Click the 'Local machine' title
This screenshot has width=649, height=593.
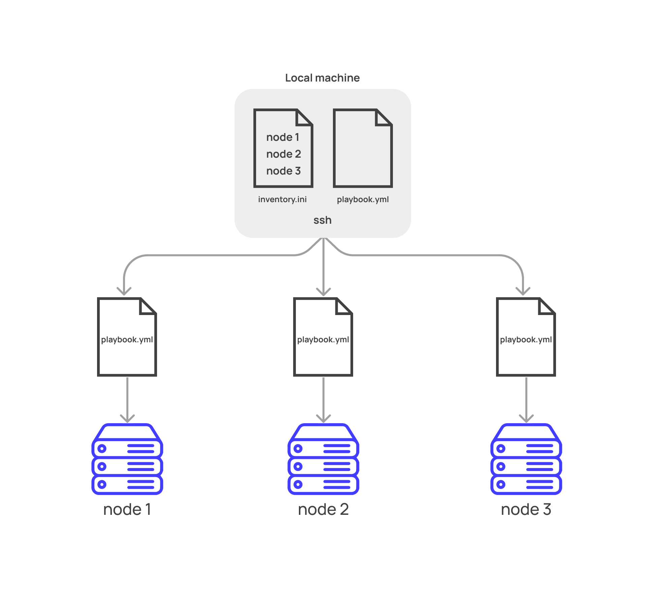(x=322, y=78)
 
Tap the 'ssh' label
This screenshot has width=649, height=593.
(x=322, y=220)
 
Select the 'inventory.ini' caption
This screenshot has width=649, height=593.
(x=282, y=199)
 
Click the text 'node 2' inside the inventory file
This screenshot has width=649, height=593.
(x=283, y=154)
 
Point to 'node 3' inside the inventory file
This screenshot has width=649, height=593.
(x=283, y=171)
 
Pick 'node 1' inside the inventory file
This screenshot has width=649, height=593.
(x=283, y=137)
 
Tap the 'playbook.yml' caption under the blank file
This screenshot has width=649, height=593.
(x=363, y=199)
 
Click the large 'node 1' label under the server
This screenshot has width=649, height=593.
(x=127, y=509)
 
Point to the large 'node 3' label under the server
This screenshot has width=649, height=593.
(x=526, y=509)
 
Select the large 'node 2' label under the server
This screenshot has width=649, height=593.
(x=323, y=509)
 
